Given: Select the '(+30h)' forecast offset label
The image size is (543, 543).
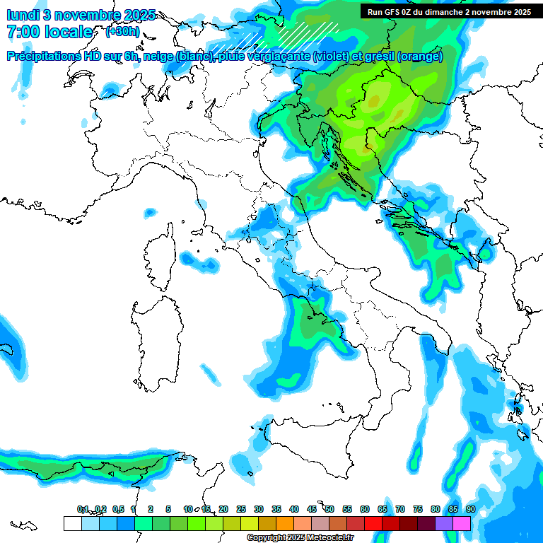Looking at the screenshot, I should click(x=122, y=32).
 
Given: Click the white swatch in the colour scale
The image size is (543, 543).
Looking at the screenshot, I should click(x=72, y=523).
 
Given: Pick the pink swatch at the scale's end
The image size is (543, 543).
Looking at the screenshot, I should click(x=462, y=523).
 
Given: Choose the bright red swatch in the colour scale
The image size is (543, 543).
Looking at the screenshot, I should click(x=373, y=523).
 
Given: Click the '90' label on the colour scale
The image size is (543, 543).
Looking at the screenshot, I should click(x=470, y=509).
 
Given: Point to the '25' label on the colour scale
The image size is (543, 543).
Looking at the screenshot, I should click(x=241, y=509).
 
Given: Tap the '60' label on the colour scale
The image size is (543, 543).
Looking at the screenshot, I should click(x=365, y=509).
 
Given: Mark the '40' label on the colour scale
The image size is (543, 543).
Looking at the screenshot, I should click(x=294, y=509).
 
